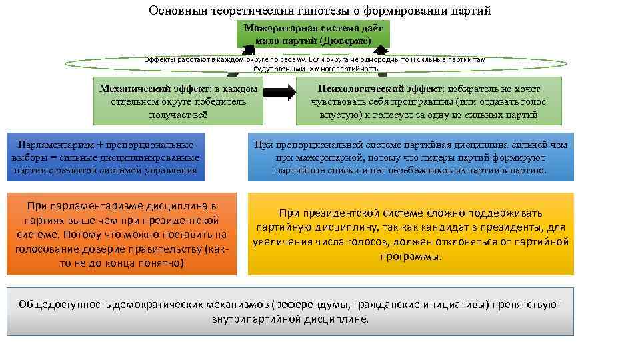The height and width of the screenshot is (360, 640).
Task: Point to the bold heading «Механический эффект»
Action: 154,89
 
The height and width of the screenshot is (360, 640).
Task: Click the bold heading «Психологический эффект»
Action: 365,89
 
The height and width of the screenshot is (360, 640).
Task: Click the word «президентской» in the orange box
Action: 179,220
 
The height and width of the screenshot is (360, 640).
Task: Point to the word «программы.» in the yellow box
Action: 411,255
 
